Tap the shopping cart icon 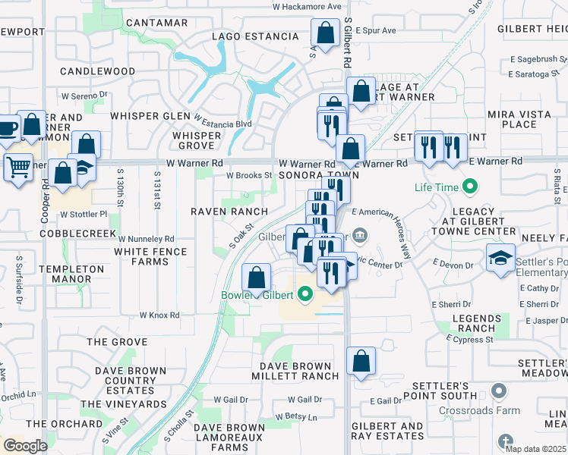click(18, 166)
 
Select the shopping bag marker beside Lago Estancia click(325, 33)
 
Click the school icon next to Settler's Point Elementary click(501, 258)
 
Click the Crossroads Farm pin click(498, 391)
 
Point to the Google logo click(26, 445)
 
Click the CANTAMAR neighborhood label click(156, 23)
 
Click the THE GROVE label click(117, 342)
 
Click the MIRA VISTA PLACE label click(513, 118)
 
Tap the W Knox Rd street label click(159, 315)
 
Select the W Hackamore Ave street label click(307, 6)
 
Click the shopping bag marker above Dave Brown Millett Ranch click(361, 362)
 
